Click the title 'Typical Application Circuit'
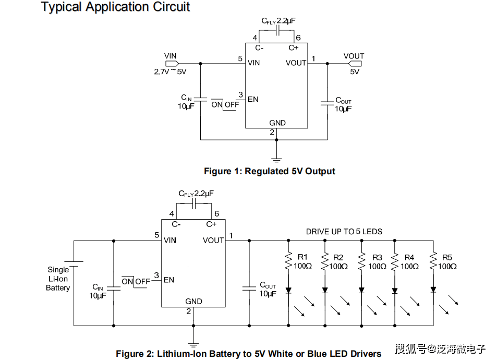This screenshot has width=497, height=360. [115, 7]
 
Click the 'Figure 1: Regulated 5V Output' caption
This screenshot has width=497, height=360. [269, 171]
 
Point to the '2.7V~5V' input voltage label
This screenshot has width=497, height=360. [170, 72]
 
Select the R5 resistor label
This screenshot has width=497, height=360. [447, 257]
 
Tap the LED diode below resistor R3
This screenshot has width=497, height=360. [361, 290]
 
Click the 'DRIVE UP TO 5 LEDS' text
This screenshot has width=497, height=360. [344, 232]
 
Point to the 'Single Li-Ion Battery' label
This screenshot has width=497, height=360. [58, 279]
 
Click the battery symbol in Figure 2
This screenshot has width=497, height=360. [74, 265]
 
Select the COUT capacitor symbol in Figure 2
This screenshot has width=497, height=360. [249, 287]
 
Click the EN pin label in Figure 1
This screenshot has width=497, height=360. [253, 99]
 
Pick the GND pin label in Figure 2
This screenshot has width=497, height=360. [193, 302]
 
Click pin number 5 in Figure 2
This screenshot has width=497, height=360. [156, 235]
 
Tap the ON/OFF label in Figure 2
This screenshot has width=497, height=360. [136, 281]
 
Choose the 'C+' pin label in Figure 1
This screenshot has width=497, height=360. [294, 48]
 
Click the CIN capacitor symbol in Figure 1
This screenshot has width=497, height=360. [201, 99]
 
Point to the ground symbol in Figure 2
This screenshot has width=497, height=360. [193, 343]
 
